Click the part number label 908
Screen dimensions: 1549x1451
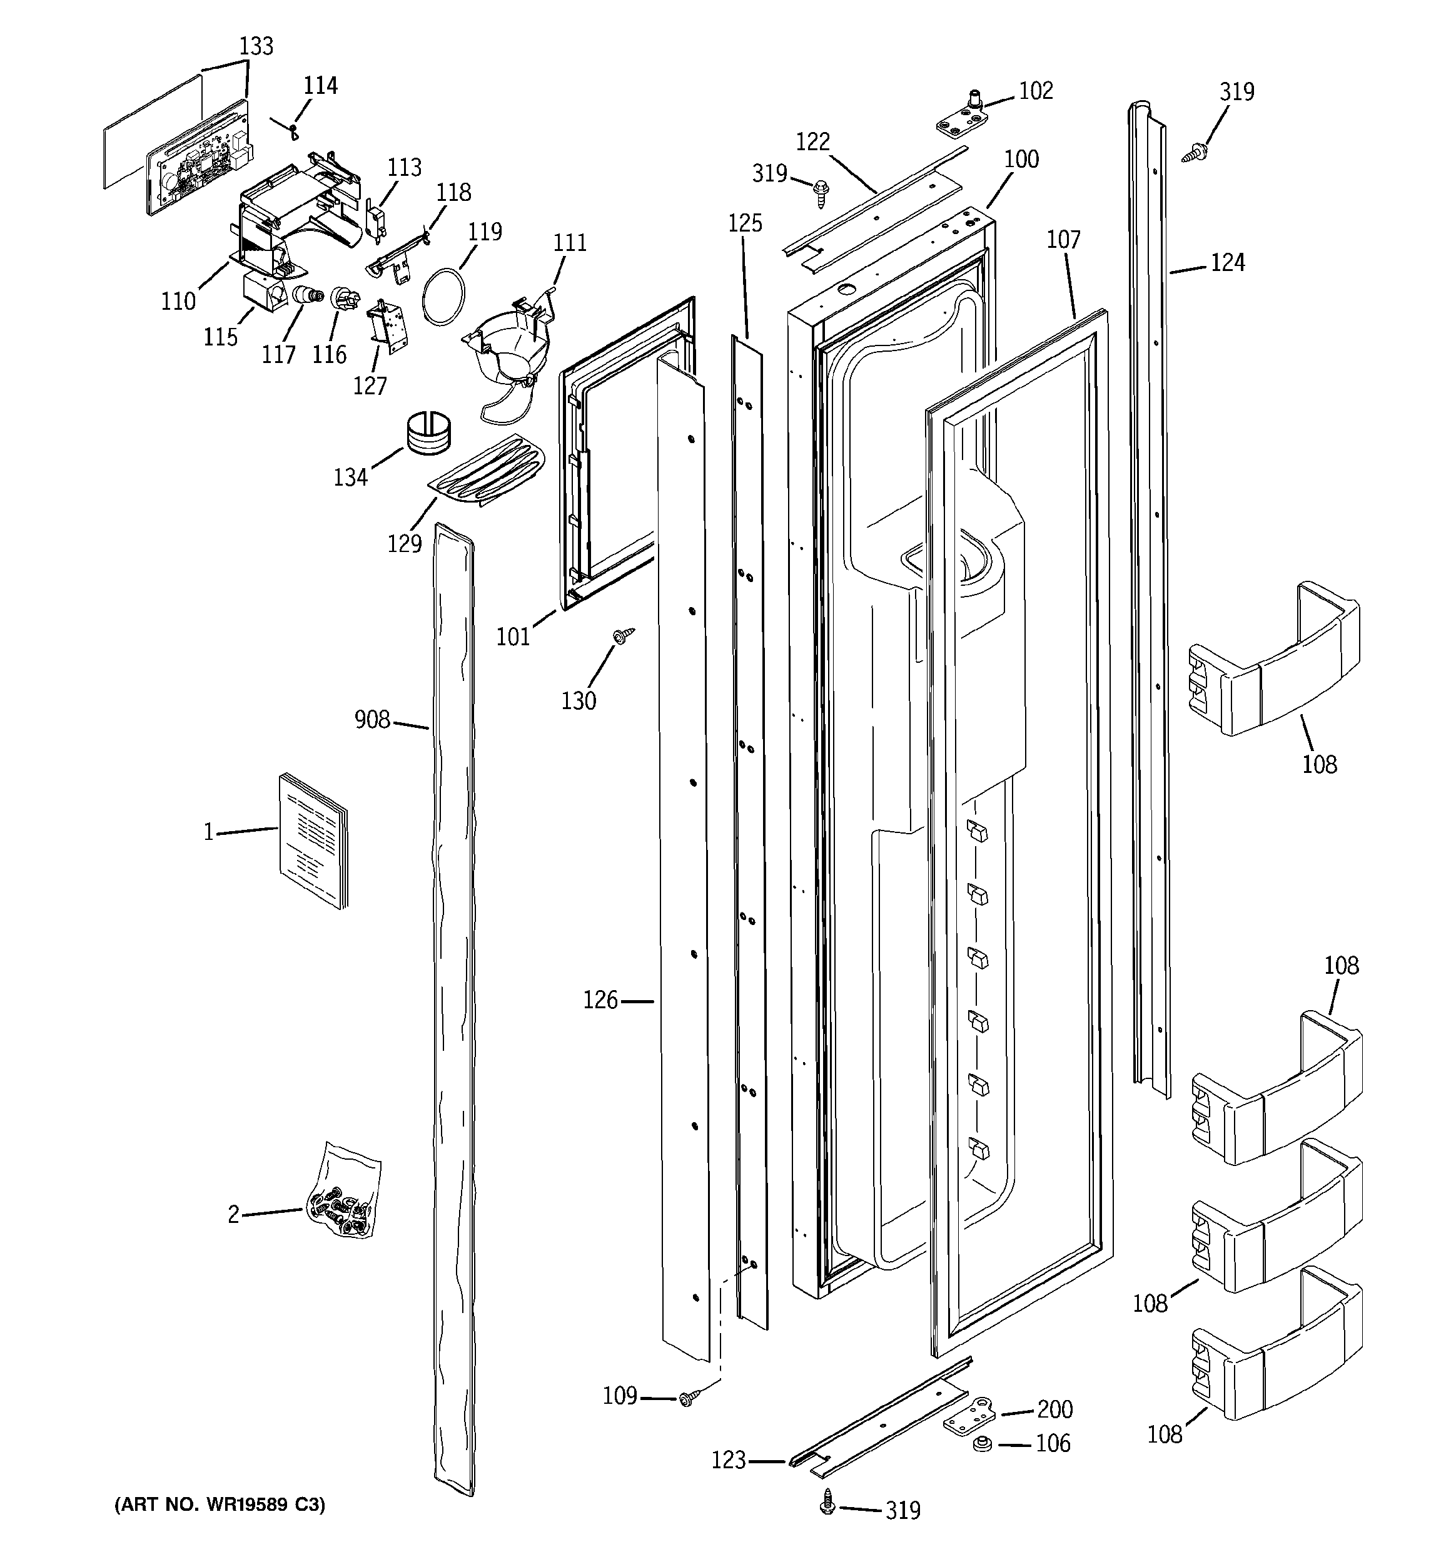[372, 719]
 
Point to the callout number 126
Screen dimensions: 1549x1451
[600, 999]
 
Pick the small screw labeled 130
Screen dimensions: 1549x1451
[623, 636]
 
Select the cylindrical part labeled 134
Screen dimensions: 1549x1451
[428, 432]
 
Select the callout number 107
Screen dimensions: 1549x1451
[1063, 239]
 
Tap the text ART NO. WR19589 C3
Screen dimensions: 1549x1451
[220, 1505]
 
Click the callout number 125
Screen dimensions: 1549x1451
[745, 223]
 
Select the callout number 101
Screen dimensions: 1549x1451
[513, 636]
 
